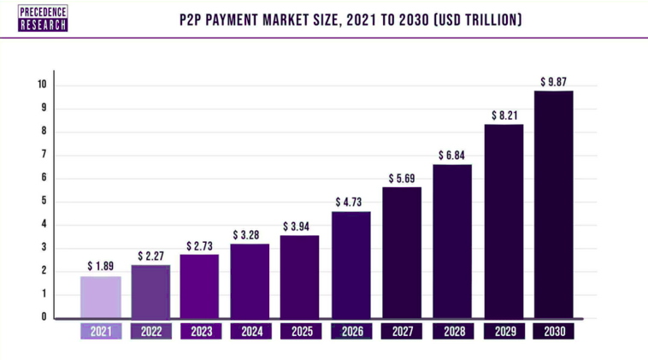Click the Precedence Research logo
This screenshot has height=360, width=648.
[x=42, y=18]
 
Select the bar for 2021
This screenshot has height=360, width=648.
[x=100, y=297]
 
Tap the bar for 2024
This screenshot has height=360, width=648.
[x=250, y=281]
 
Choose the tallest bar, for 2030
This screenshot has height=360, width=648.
[x=553, y=204]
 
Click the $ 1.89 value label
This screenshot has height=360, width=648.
[x=101, y=266]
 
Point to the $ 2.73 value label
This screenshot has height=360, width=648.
[x=200, y=245]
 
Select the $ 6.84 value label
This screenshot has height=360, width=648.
[x=452, y=155]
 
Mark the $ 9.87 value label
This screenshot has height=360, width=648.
[x=553, y=81]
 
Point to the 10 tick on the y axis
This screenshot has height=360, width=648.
[x=42, y=85]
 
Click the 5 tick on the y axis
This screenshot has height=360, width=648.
[x=44, y=201]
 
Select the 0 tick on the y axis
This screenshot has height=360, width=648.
[x=44, y=317]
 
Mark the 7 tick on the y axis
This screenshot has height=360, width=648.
[x=44, y=155]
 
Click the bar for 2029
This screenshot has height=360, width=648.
[x=503, y=221]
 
